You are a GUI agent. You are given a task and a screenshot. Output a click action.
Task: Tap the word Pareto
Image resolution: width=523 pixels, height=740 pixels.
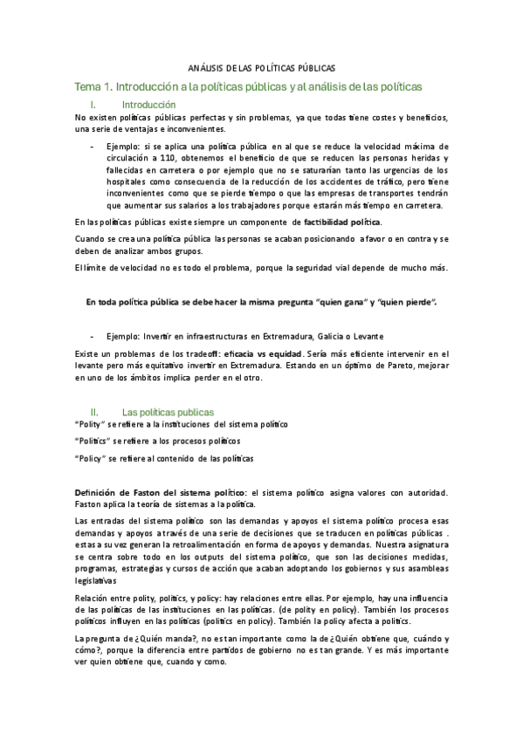[x=397, y=366]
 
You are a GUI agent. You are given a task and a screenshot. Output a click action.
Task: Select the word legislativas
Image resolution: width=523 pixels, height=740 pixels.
[x=96, y=579]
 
